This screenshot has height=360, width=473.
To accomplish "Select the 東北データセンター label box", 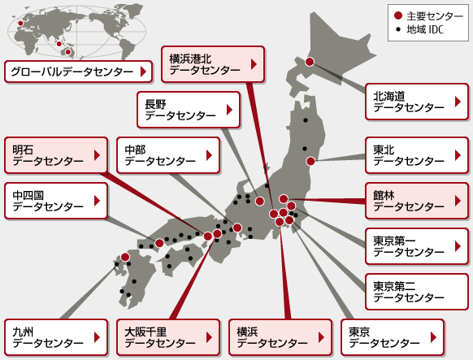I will [416, 156].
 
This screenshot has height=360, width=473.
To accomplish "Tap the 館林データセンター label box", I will [416, 201].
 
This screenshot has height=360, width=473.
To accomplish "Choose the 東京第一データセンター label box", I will [416, 245].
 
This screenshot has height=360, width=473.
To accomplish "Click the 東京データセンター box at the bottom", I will [393, 337].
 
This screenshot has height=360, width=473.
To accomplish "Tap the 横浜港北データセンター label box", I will [213, 64].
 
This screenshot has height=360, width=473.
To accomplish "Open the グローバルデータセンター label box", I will [78, 72].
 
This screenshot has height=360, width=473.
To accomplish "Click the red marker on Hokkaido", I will [309, 62].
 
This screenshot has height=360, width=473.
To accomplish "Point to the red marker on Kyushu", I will [125, 257].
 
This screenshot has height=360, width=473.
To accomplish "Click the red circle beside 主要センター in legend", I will [397, 15].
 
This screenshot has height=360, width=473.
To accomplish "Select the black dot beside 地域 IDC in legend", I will [397, 29].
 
